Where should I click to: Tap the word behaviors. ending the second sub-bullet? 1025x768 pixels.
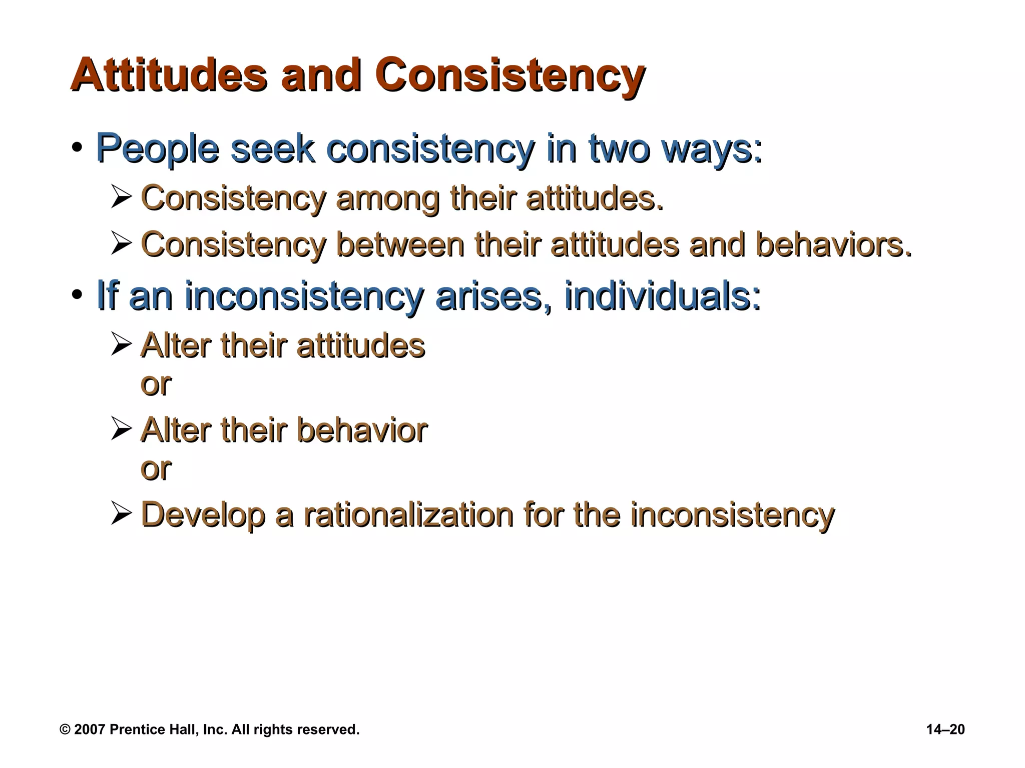[833, 245]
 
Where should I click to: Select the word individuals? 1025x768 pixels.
[662, 296]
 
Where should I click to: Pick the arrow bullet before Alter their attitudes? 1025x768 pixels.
[122, 344]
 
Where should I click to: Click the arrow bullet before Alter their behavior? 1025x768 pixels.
[122, 429]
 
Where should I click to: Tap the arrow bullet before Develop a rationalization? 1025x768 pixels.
[122, 514]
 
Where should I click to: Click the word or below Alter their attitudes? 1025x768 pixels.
[156, 384]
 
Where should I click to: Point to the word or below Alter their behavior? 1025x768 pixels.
[156, 469]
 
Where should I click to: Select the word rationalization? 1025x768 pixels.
[408, 514]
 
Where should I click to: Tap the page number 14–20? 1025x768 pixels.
[945, 729]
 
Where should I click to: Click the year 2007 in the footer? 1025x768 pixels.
[90, 729]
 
